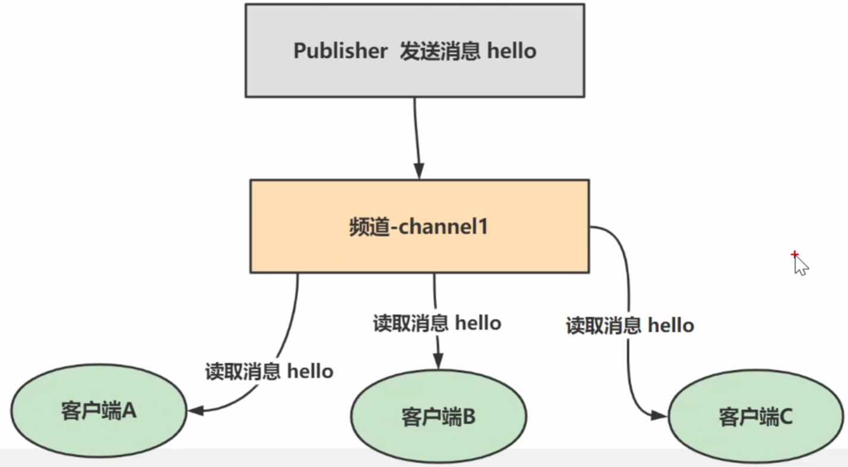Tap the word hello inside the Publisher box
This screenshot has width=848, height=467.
point(512,51)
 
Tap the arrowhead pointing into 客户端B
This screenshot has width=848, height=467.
point(438,361)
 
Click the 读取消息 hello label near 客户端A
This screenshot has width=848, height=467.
point(269,371)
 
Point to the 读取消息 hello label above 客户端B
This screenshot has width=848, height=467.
point(437,323)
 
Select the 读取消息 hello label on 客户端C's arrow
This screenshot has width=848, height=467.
point(629,325)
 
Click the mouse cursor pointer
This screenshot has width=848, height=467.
point(800,266)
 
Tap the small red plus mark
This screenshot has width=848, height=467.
point(795,255)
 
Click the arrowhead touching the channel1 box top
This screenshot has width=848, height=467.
point(419,171)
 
